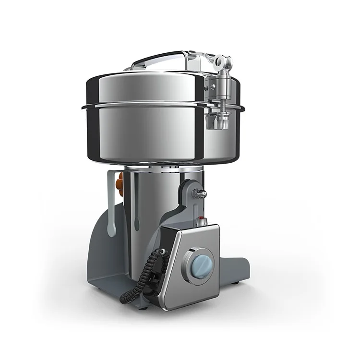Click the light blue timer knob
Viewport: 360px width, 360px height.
pos(198,264)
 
